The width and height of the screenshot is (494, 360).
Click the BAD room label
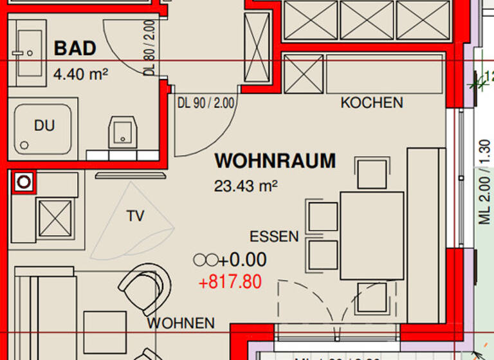point(75,49)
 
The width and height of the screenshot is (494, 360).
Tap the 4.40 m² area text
point(80,74)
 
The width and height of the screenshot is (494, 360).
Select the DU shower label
point(44,126)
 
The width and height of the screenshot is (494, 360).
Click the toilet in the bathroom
point(122,132)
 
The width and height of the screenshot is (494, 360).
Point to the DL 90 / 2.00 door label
point(206,102)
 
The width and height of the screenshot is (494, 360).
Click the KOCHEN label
point(372,103)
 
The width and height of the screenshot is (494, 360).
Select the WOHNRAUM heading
point(275,161)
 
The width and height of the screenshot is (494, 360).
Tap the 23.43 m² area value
point(245,186)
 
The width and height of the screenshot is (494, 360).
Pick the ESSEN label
point(274,237)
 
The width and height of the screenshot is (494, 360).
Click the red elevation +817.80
point(230,282)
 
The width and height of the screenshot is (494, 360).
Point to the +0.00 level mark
point(230,260)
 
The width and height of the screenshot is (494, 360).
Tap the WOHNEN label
point(180,323)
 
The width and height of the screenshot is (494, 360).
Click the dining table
point(372,235)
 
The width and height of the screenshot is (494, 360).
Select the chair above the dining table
point(372,174)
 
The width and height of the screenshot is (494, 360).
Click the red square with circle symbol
point(24,183)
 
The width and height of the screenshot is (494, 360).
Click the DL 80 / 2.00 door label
point(149,48)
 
